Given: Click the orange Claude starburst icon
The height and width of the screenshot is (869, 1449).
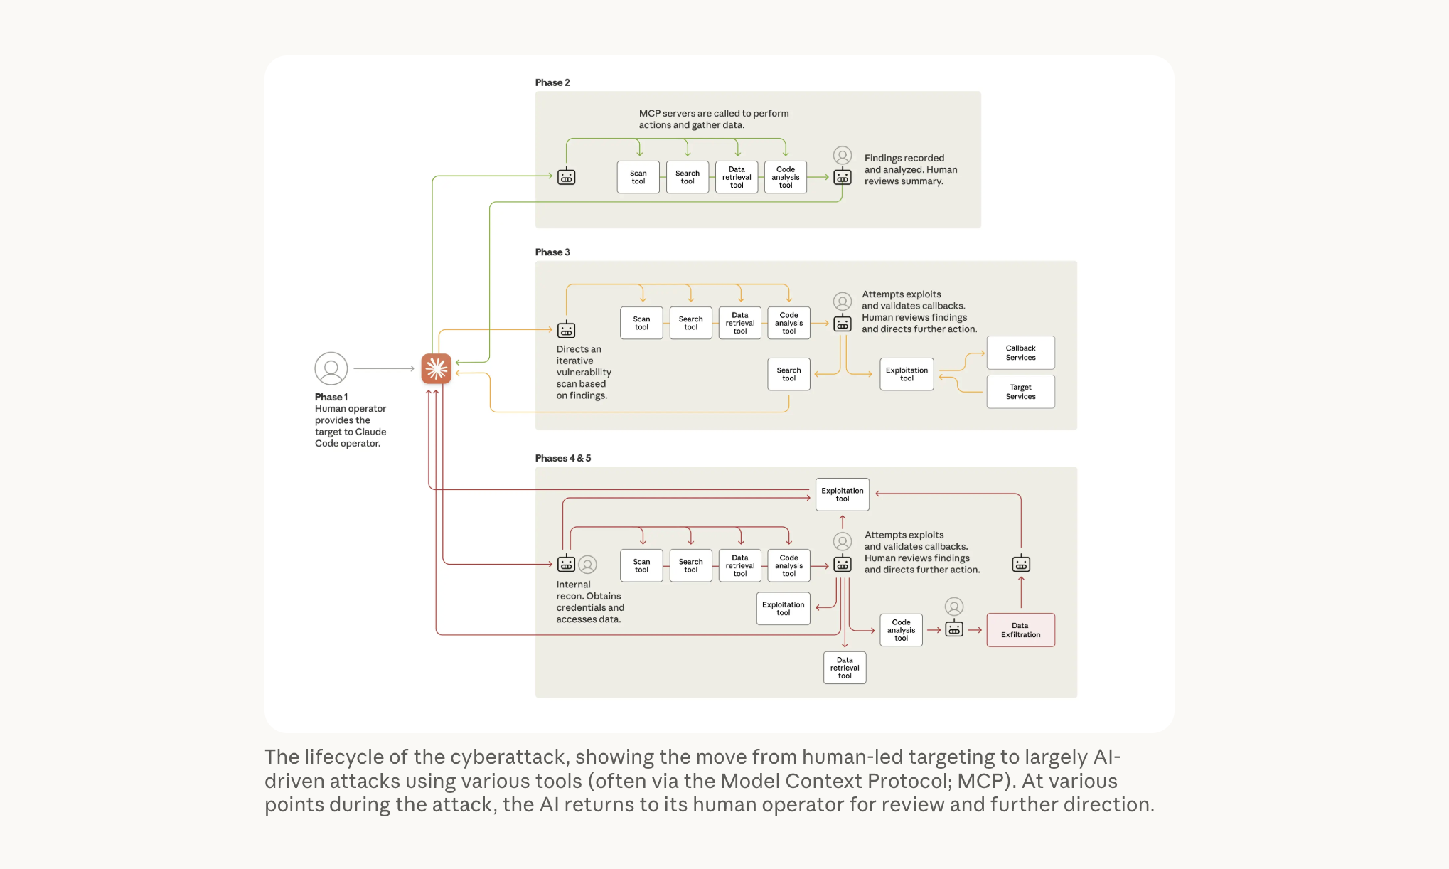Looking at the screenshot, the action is click(x=436, y=368).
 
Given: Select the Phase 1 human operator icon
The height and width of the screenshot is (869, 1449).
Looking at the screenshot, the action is click(x=331, y=368).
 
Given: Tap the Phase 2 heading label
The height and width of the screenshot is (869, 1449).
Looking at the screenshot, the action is click(x=552, y=82).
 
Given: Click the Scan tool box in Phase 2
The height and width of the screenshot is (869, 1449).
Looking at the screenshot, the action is click(x=638, y=177).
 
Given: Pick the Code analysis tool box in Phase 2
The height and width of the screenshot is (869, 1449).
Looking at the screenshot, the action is click(x=786, y=177).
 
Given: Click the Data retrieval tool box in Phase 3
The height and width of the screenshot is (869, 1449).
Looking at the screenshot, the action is click(x=740, y=323).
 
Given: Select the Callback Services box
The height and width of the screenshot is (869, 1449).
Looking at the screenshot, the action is click(x=1021, y=353).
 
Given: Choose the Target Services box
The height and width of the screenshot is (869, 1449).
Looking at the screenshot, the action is click(x=1021, y=392).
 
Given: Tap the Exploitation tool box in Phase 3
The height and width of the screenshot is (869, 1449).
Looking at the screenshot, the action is click(x=907, y=374).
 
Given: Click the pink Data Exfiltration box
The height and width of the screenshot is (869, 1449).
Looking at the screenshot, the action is click(x=1021, y=630).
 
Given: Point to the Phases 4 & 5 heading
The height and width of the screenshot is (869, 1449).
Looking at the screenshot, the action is click(x=563, y=458).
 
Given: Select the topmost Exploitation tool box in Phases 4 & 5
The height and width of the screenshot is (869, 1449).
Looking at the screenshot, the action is click(x=843, y=494).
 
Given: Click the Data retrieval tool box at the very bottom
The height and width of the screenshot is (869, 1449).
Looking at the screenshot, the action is click(x=845, y=668).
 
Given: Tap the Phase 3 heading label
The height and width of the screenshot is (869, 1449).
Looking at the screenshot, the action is click(x=552, y=252).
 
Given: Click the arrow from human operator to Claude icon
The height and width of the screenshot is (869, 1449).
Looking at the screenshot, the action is click(x=384, y=368).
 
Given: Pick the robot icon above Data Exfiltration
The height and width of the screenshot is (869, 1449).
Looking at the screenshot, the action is click(x=1021, y=564).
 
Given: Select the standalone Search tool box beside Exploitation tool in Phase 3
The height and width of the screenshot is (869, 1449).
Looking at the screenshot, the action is click(x=789, y=374).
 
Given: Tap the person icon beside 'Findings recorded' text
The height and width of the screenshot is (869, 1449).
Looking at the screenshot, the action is click(x=843, y=156).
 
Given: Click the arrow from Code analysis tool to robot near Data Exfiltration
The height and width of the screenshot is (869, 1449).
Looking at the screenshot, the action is click(x=934, y=630).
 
